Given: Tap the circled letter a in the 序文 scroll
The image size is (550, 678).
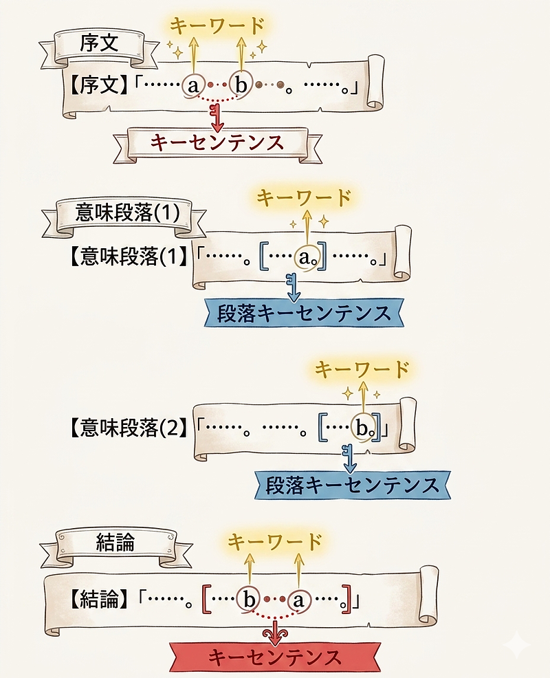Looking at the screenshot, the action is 193,85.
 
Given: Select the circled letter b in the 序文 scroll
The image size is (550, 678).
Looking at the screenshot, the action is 241,85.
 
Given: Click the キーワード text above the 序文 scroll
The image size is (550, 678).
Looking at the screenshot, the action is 217,26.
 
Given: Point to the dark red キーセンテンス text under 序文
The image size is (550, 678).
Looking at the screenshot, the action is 217,143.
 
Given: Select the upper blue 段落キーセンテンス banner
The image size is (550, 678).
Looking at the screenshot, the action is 304,313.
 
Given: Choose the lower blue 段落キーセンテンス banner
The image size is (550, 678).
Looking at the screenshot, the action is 353,485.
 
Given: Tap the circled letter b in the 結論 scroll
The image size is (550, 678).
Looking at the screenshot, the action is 249,600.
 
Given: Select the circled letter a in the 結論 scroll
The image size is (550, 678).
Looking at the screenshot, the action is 298,600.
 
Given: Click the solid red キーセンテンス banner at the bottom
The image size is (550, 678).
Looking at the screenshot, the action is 275,657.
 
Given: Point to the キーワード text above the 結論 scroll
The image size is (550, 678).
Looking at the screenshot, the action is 275,541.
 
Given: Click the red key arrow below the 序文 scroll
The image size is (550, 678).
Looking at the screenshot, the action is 217,118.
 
